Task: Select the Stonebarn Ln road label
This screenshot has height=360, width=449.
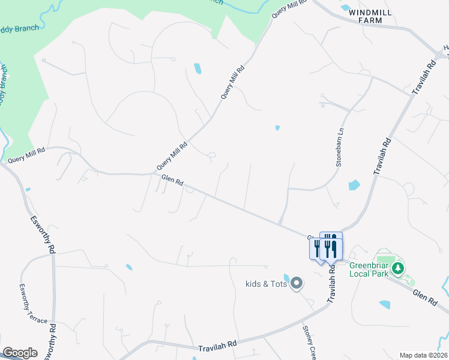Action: coord(340,148)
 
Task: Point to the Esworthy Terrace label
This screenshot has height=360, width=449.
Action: coord(33,304)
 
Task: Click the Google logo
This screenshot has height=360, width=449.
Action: coord(19,353)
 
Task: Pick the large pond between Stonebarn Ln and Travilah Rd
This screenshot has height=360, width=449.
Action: coord(354,185)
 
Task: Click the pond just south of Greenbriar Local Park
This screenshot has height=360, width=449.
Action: coord(385,305)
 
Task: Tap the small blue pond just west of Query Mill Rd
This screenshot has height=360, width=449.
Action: coord(197,68)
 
